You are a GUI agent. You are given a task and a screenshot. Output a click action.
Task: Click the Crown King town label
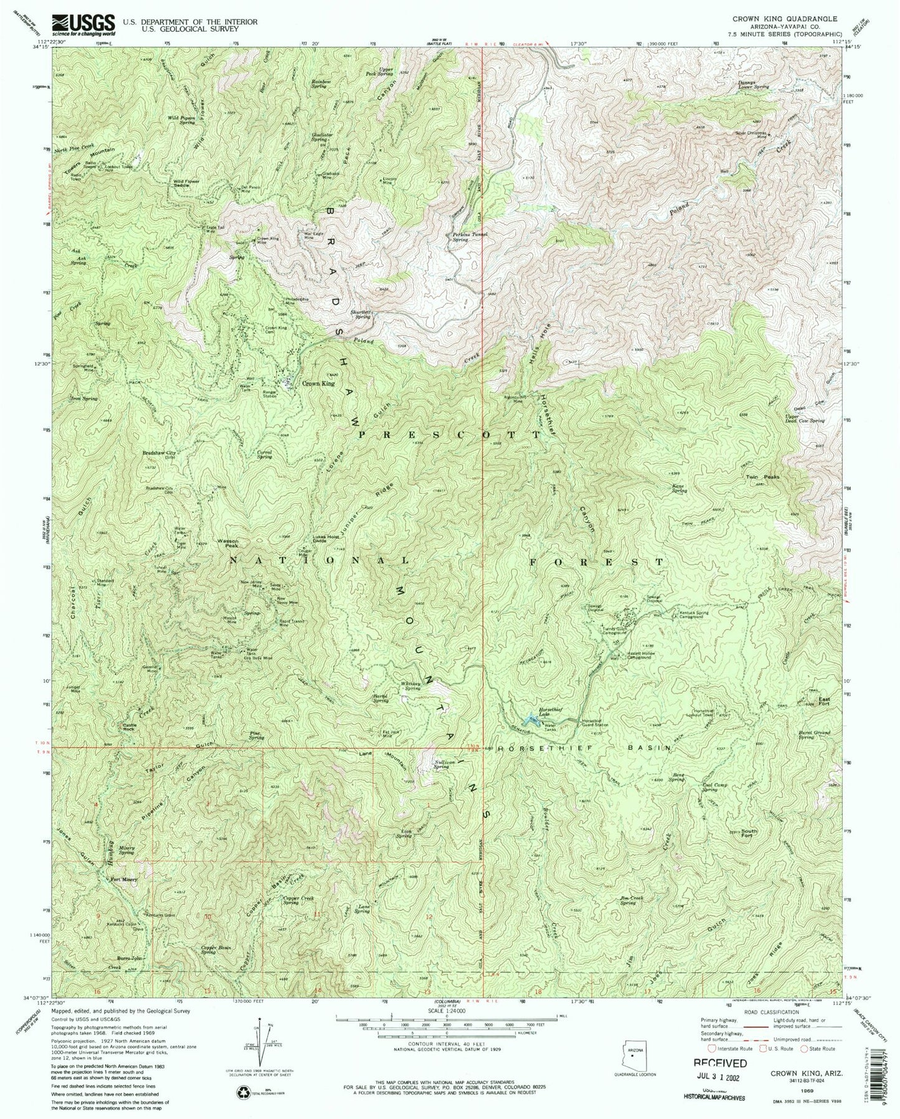click(x=318, y=384)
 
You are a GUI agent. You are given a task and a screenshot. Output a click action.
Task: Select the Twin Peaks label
click(x=767, y=476)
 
